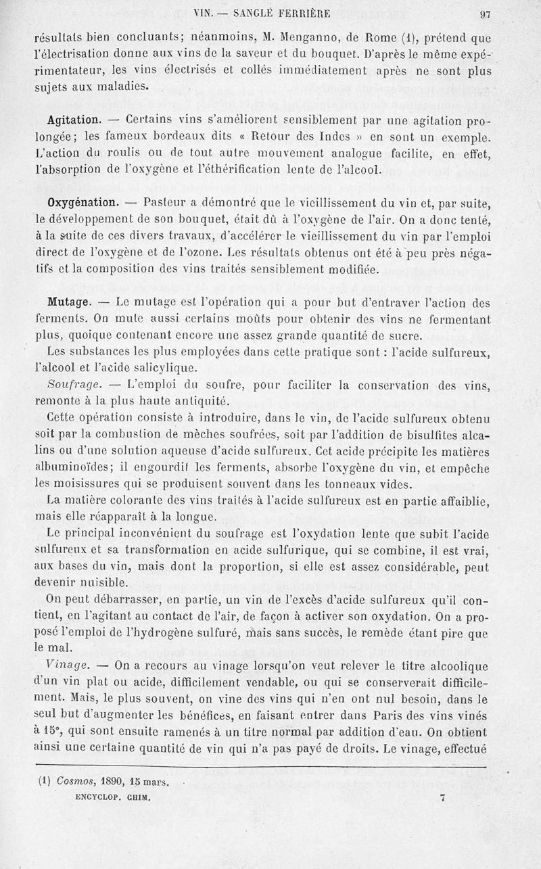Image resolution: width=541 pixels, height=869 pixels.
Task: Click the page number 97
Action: (x=484, y=13)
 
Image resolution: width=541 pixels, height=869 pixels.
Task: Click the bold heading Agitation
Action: (x=75, y=120)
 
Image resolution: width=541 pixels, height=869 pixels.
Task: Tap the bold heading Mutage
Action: (x=70, y=301)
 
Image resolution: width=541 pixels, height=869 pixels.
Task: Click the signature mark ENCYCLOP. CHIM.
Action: (x=113, y=797)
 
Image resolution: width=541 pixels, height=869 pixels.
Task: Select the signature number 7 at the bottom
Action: (x=442, y=798)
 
